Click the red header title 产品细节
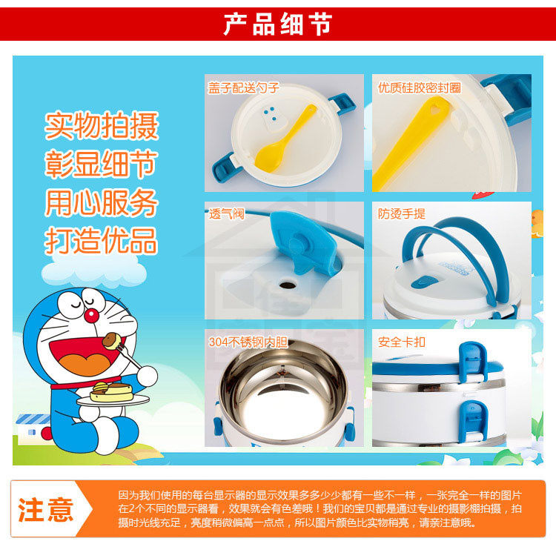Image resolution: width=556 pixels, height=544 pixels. point(278,24)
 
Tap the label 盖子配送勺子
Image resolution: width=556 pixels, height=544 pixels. point(244,87)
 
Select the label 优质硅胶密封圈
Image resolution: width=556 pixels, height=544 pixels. point(420,87)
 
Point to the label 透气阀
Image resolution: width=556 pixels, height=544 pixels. point(226,213)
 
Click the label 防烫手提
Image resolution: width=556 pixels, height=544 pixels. point(401,213)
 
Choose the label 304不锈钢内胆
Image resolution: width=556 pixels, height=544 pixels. point(248,342)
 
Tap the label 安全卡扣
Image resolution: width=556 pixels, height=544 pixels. point(401,342)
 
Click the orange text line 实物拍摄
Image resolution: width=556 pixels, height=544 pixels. point(102,126)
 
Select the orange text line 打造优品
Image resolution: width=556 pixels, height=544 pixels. point(102,241)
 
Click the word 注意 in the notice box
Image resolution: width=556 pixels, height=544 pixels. point(46,509)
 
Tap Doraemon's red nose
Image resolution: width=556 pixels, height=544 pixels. point(91,315)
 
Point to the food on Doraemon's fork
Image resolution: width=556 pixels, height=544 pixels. point(110,340)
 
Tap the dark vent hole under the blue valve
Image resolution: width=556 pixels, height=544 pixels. point(288,284)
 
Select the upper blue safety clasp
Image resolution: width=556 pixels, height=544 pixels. point(473,362)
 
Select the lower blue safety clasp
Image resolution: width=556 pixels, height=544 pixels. point(474,422)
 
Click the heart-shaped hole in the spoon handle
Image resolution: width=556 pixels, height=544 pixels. point(435,105)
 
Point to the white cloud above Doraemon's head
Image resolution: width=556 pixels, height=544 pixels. point(94,272)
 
